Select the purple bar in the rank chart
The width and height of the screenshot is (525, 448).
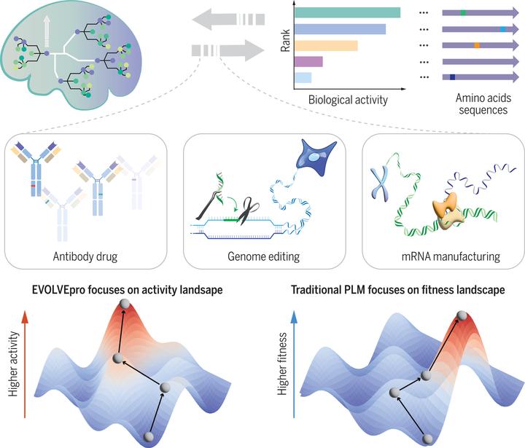click(x=308, y=62)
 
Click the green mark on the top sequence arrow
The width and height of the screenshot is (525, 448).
click(x=464, y=12)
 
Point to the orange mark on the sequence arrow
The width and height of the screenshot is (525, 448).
click(x=477, y=45)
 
